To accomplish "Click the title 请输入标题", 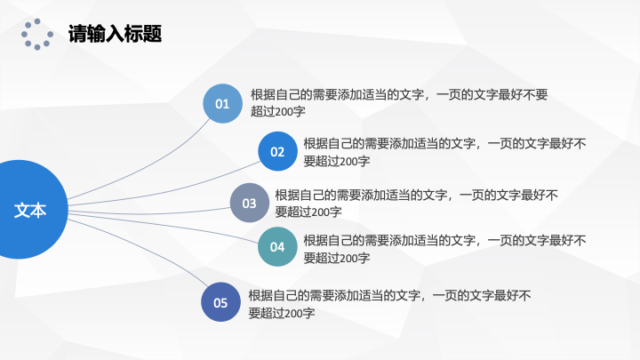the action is click(115, 34).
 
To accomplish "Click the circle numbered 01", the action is click(222, 104).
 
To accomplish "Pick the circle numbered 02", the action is click(277, 151).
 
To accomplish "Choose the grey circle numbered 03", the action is click(250, 203).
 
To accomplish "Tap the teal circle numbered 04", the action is click(277, 247).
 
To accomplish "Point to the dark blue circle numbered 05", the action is click(220, 302).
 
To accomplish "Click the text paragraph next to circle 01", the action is click(399, 103).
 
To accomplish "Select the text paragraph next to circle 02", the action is click(445, 152).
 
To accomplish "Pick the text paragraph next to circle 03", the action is click(416, 203).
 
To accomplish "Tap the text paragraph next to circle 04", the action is click(445, 249).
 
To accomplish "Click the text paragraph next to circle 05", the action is click(390, 304).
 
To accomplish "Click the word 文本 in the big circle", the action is click(30, 210).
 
